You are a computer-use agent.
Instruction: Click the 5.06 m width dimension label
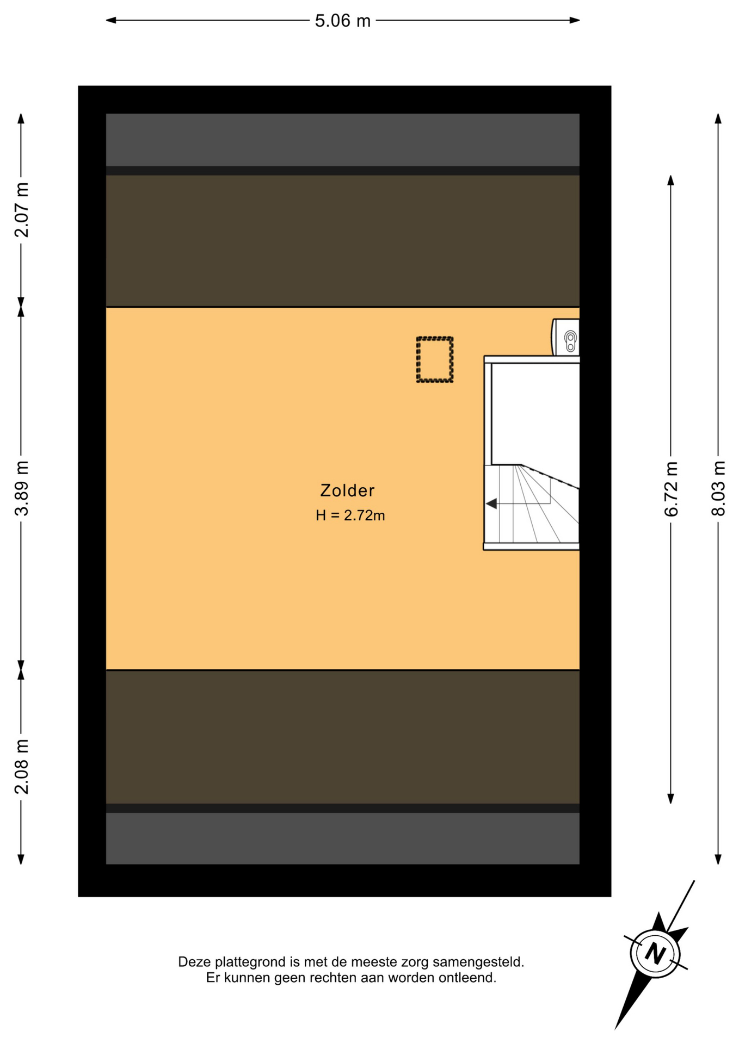343,21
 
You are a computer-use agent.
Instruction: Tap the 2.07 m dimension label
22,210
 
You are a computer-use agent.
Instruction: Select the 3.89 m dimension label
22,488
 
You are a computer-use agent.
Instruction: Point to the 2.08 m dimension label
22,767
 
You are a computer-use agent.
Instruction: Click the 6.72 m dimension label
671,488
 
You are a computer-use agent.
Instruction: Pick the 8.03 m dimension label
718,488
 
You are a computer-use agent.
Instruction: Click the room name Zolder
347,490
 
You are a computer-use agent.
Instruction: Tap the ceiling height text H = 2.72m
350,515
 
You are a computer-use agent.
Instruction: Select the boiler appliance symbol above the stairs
565,337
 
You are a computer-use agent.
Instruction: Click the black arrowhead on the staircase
491,504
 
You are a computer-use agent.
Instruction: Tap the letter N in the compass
655,953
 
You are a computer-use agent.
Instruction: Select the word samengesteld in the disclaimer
478,962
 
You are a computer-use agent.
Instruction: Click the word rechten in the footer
332,978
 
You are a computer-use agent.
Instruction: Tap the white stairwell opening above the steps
535,413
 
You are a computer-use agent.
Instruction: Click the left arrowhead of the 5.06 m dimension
110,21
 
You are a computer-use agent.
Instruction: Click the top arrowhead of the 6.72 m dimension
671,181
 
